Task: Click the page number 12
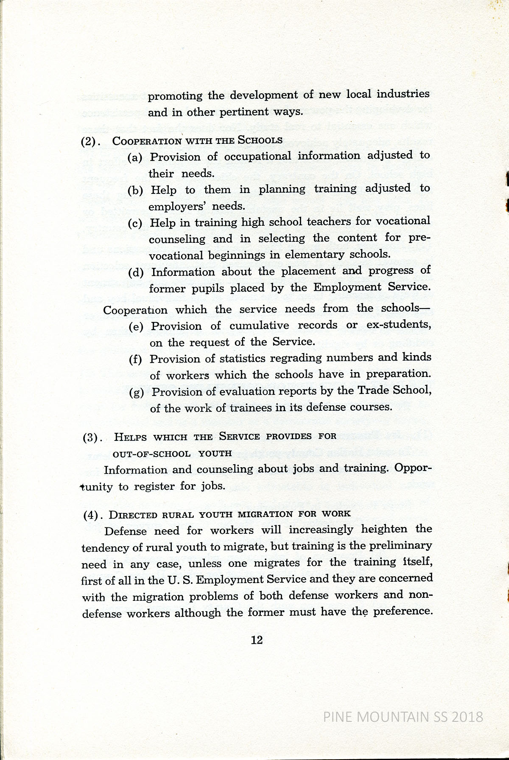coord(257,640)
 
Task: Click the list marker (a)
coord(135,158)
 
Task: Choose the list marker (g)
coord(136,393)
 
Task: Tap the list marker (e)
coord(136,327)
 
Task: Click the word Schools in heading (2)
coord(260,140)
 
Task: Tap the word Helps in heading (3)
coord(129,437)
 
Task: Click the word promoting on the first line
coord(175,96)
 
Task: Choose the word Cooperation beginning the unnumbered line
coord(135,310)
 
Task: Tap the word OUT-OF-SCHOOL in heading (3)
coord(151,454)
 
